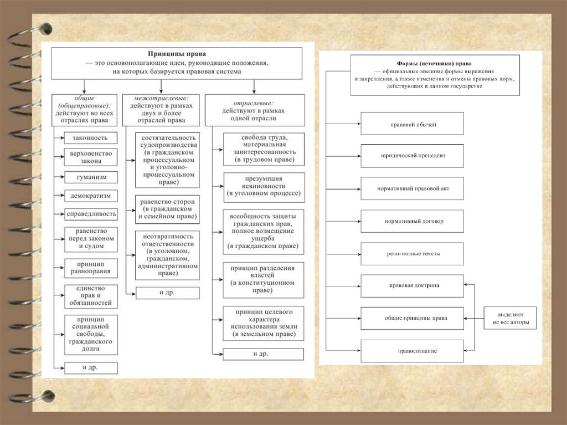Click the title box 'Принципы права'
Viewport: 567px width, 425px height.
(177, 63)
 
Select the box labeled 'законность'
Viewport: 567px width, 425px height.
(90, 137)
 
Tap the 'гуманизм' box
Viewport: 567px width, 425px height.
(90, 177)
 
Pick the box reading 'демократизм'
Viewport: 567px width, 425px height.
(90, 195)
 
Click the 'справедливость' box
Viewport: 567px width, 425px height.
(90, 213)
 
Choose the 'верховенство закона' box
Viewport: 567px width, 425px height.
(90, 157)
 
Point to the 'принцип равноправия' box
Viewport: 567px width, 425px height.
(90, 267)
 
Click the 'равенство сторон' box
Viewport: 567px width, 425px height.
(167, 209)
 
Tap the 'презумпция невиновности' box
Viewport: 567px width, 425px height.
(264, 187)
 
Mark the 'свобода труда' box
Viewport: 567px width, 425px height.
(264, 148)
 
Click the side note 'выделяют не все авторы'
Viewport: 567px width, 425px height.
(510, 318)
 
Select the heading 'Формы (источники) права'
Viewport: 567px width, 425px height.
(434, 75)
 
